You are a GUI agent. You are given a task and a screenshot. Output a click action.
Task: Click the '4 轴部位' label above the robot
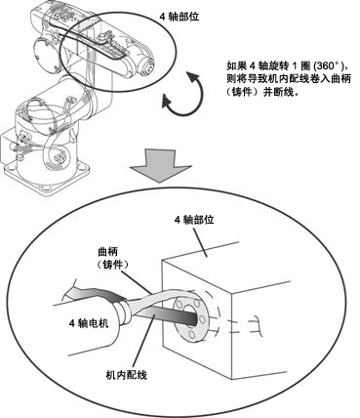(x=179, y=17)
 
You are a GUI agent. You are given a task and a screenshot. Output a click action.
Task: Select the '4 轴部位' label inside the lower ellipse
(x=194, y=220)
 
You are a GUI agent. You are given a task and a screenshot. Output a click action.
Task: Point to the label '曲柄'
(x=108, y=252)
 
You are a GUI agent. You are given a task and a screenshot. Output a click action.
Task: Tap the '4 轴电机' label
(x=89, y=323)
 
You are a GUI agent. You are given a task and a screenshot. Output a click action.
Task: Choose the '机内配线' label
(x=127, y=375)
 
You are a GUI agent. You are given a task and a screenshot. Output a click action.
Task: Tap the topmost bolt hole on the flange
(x=196, y=302)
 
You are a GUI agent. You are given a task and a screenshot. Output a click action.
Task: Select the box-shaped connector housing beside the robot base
(x=7, y=146)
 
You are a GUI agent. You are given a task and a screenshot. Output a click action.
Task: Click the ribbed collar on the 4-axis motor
(x=124, y=312)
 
